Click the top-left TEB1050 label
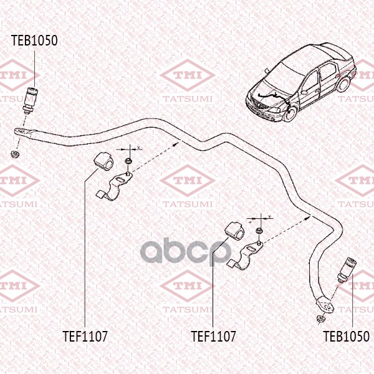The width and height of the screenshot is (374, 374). [34, 41]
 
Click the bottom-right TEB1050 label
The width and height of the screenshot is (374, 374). [346, 337]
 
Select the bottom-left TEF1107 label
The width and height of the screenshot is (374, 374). [85, 337]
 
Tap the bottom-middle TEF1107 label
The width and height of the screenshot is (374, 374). [213, 337]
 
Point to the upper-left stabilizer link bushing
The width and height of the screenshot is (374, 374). [31, 100]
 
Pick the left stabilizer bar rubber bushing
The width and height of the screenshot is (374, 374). [103, 161]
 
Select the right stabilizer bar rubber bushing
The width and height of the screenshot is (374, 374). [235, 230]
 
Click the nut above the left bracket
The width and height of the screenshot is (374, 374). [128, 161]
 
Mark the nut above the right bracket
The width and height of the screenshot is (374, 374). [259, 231]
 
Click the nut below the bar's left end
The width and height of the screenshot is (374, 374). [16, 154]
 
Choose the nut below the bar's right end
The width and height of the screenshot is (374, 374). [320, 319]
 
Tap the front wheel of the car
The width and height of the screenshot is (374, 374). [291, 114]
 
